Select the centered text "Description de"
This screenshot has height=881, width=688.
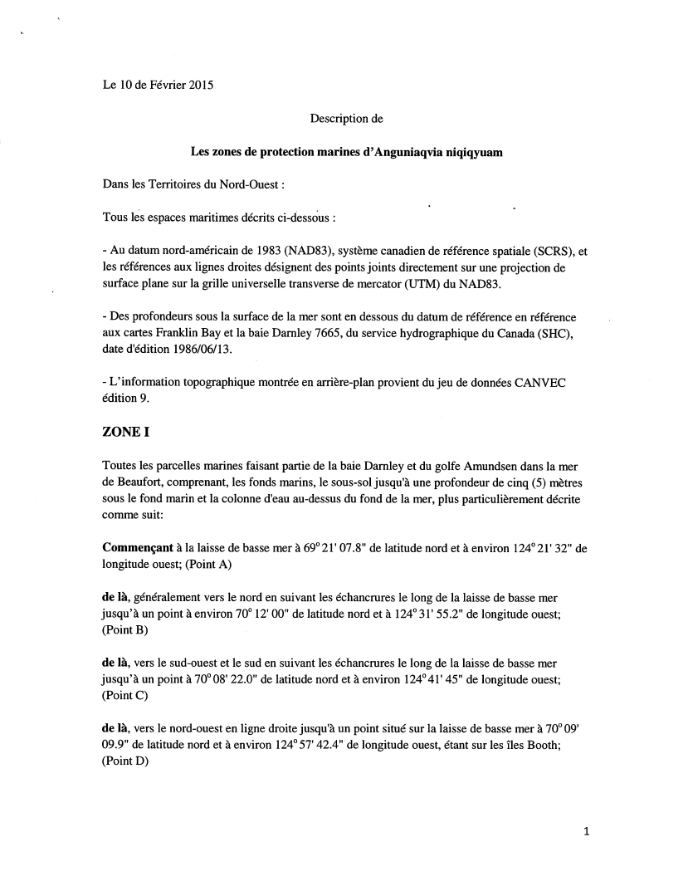[346, 119]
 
